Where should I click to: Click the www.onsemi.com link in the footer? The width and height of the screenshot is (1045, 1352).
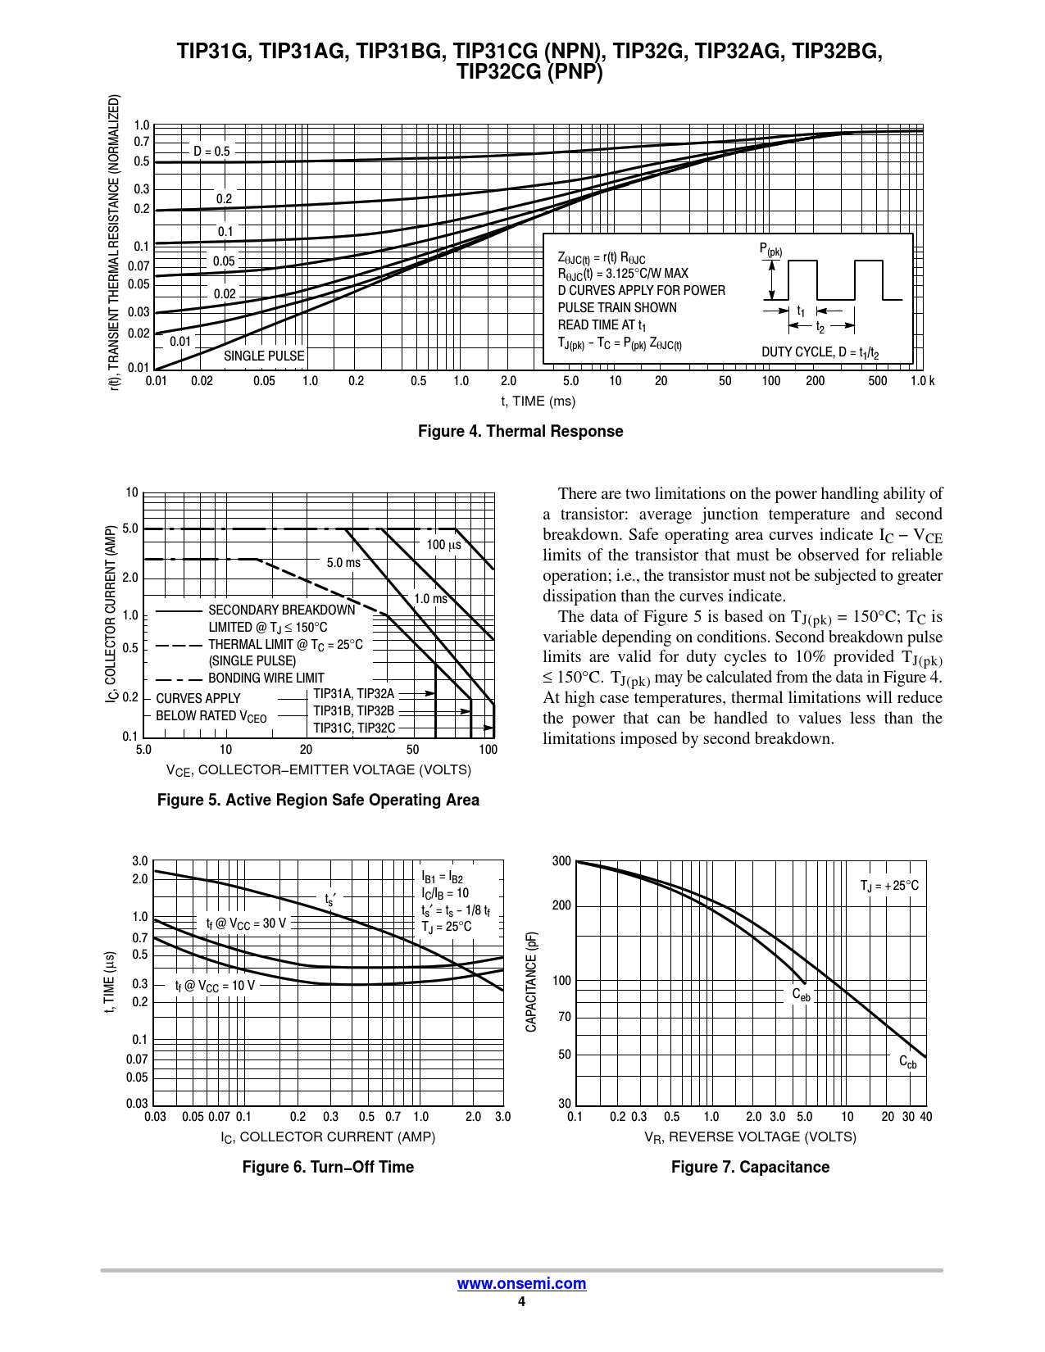[x=521, y=1283]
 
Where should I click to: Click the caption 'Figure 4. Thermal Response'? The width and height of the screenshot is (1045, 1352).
[x=520, y=431]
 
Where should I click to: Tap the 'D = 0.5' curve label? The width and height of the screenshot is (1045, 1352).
[x=211, y=151]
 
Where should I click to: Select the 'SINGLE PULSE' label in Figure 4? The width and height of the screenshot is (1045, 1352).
[x=264, y=356]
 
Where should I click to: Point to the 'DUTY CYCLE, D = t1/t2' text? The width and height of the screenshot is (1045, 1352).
[x=820, y=352]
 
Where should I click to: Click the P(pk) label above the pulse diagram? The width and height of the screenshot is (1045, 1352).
[x=770, y=250]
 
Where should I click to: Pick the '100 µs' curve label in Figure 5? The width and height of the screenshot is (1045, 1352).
[x=443, y=544]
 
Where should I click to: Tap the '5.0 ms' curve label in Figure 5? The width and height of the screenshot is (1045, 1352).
[x=343, y=562]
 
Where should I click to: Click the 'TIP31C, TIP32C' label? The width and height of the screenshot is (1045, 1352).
[x=354, y=728]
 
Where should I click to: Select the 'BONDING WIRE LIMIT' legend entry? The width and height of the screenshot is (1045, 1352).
[x=266, y=678]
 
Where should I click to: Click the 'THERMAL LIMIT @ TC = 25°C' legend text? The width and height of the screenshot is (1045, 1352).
[x=285, y=644]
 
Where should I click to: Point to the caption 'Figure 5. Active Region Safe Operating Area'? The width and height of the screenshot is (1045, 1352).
[x=318, y=800]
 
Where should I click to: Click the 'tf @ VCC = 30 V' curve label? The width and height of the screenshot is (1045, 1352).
[x=246, y=923]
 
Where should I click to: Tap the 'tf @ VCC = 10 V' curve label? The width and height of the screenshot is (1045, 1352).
[x=215, y=985]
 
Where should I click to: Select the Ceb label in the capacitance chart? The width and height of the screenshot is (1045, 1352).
[x=801, y=995]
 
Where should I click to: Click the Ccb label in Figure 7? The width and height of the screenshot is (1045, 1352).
[x=908, y=1062]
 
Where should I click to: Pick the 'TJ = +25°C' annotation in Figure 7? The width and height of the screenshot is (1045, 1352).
[x=889, y=886]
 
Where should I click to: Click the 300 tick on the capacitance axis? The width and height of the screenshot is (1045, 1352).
[x=561, y=861]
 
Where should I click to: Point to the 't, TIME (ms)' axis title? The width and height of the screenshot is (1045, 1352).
[x=538, y=401]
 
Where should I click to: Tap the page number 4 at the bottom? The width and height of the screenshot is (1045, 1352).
[x=521, y=1302]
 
